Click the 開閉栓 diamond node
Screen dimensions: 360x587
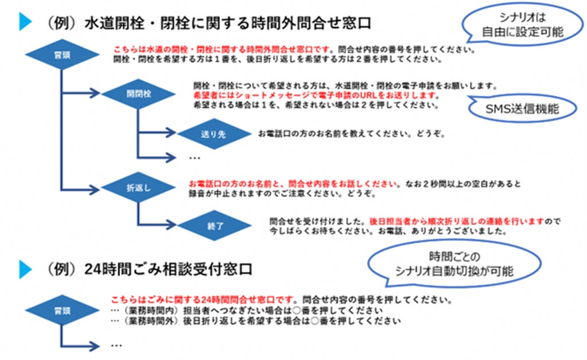click(138, 94)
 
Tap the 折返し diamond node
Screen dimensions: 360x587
click(138, 188)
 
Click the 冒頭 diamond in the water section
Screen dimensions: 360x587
click(62, 56)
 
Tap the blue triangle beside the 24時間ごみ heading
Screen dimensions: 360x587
click(25, 269)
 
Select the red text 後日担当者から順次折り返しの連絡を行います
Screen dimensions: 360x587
click(456, 221)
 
